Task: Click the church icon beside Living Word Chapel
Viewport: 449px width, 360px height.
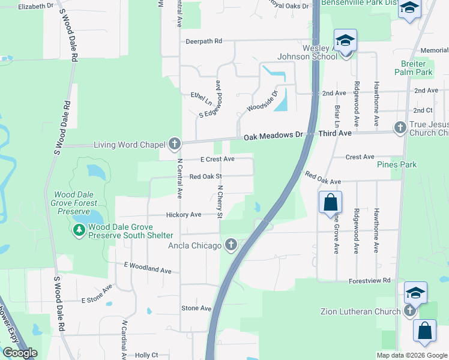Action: click(175, 144)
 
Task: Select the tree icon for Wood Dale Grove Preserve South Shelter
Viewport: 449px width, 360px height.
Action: click(79, 230)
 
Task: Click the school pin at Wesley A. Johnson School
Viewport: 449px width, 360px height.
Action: click(346, 41)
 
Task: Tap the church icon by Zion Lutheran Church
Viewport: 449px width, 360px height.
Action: click(410, 311)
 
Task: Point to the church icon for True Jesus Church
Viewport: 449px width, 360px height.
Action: click(400, 128)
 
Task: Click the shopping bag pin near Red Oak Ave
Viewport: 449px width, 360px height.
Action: click(330, 202)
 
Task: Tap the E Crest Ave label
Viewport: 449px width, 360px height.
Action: click(217, 159)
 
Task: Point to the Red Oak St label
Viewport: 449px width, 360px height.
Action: click(206, 176)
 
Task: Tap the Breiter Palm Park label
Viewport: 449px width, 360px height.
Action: click(414, 68)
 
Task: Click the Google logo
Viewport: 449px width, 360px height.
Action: click(20, 353)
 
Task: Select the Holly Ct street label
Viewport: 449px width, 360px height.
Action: click(146, 355)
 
